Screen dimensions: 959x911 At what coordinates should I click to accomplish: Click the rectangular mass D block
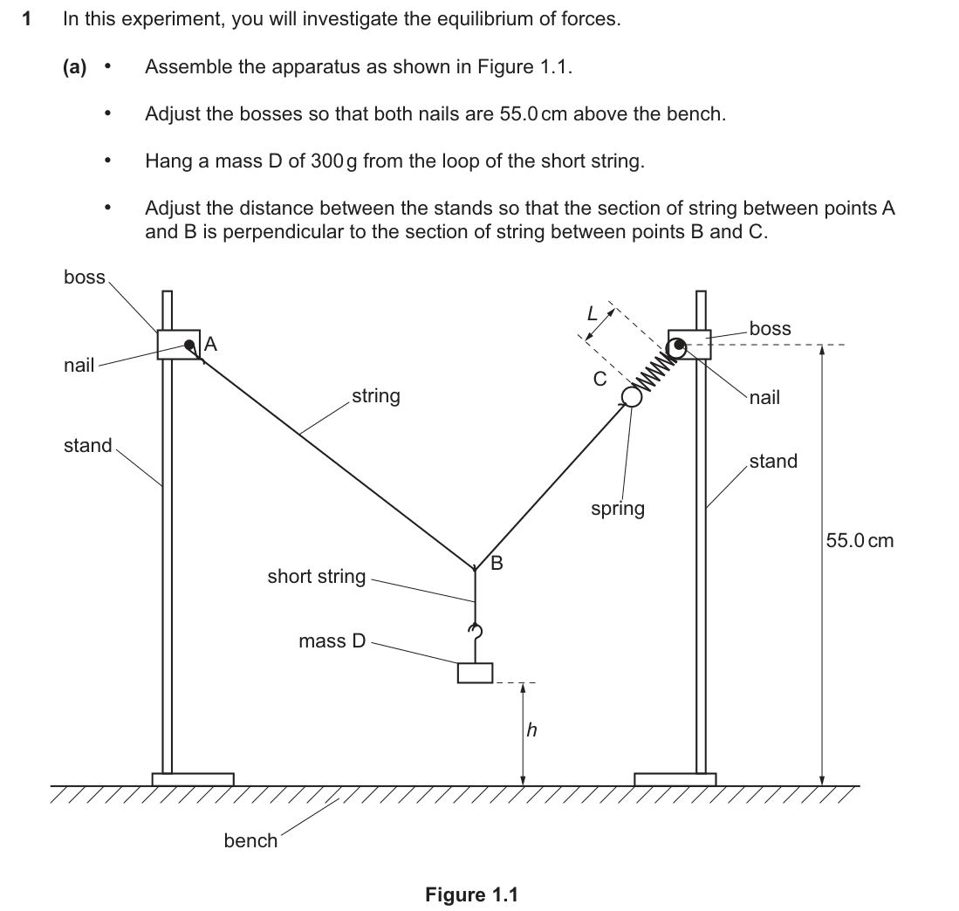point(476,673)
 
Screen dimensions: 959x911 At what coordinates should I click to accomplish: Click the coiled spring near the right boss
point(654,371)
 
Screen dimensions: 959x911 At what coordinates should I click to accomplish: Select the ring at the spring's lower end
point(632,397)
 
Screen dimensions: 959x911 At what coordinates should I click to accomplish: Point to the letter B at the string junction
point(497,563)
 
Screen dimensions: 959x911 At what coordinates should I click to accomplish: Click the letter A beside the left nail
point(210,344)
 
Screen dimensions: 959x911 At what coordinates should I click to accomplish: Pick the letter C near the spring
point(600,379)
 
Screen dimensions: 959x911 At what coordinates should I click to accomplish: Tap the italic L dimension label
point(592,313)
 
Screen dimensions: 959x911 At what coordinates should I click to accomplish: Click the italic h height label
point(532,729)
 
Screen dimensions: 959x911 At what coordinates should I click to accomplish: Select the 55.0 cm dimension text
point(860,540)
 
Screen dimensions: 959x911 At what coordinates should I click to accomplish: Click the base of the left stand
point(193,779)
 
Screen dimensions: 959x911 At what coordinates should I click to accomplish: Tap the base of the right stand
point(675,779)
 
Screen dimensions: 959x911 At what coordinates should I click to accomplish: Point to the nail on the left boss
point(190,346)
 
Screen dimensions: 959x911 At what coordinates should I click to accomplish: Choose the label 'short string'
point(316,577)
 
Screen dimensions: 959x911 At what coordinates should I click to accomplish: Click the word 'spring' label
point(618,509)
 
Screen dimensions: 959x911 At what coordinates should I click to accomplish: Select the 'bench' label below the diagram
point(250,840)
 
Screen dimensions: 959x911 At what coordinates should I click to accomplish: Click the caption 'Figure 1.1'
point(471,895)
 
